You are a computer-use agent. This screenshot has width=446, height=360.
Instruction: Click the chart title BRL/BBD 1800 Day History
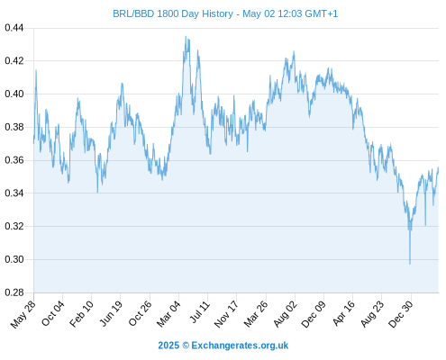point(173,13)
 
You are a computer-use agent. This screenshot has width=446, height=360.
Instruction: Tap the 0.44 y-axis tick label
point(14,28)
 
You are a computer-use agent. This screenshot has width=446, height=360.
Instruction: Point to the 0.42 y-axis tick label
point(14,61)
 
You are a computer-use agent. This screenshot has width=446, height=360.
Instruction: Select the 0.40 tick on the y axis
point(14,94)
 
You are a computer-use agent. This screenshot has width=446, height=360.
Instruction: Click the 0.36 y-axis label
point(14,160)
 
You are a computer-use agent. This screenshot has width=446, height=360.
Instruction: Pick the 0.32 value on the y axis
point(14,226)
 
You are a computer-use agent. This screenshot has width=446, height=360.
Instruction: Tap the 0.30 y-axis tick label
point(14,259)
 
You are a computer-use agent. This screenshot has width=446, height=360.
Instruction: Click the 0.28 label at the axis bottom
point(14,292)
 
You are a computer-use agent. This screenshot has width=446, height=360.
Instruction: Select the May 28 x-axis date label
point(23,314)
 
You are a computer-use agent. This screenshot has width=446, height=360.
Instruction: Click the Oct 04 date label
point(53,313)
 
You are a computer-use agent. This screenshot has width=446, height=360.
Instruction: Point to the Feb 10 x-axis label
point(82,314)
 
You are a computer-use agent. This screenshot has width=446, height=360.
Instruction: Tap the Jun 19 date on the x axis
point(111,313)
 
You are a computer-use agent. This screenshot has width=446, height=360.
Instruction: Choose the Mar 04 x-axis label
point(169,314)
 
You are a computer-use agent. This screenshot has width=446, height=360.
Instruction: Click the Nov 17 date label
point(227,314)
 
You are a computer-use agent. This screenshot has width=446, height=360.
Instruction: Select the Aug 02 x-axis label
point(286,314)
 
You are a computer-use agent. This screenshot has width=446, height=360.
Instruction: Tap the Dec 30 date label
point(401,314)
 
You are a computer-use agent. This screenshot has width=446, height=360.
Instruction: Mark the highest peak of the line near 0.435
point(186,37)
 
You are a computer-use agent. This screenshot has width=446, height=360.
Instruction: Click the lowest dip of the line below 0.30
point(410,264)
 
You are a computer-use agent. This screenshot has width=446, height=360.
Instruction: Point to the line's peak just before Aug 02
point(294,51)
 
